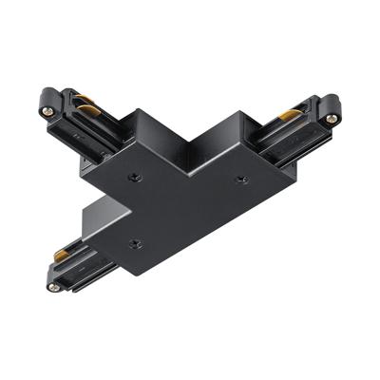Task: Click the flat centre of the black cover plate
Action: [185, 190]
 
